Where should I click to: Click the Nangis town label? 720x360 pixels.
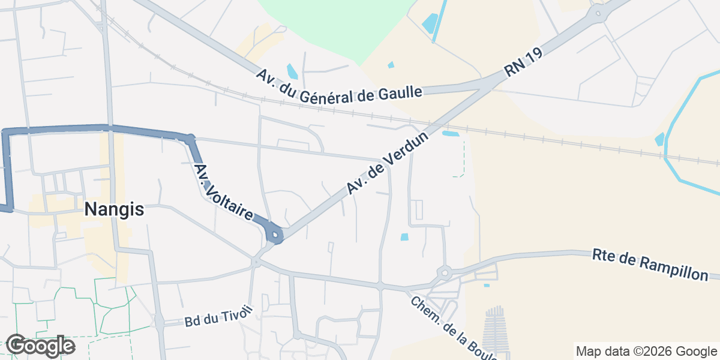click(115, 209)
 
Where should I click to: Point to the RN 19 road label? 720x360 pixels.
click(523, 62)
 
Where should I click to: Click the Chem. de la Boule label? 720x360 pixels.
click(454, 327)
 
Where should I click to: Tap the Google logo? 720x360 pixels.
click(40, 346)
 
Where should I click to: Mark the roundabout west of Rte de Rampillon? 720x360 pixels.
click(445, 273)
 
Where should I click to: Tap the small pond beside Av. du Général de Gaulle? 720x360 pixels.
click(292, 71)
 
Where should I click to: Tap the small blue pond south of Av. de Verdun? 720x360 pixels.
click(404, 236)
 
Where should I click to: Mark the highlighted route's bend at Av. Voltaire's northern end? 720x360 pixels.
click(190, 139)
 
